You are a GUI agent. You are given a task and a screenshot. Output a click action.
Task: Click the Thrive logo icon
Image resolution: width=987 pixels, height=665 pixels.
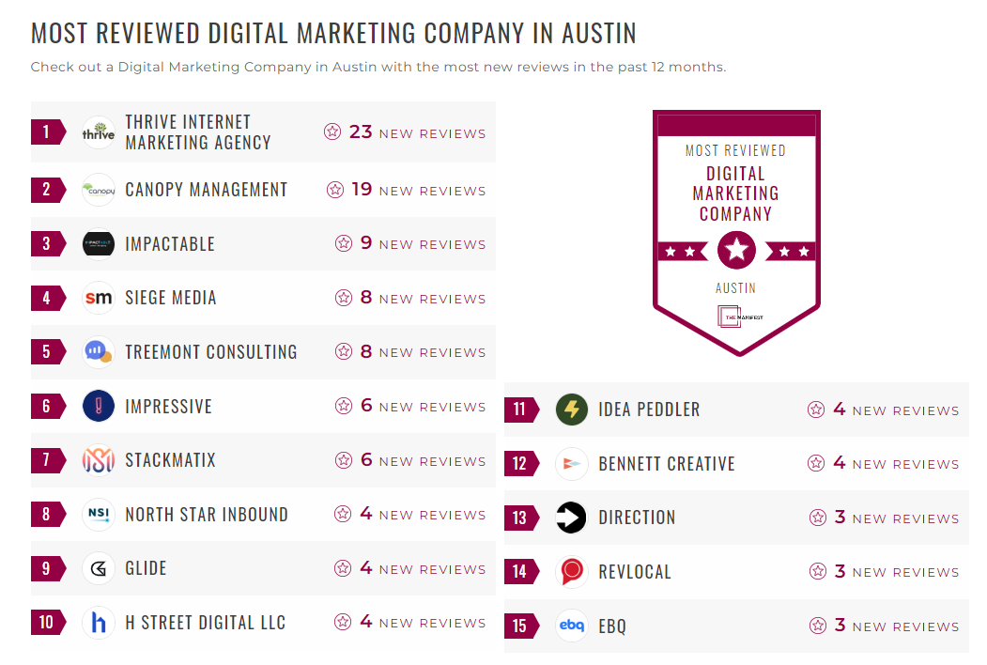point(99,132)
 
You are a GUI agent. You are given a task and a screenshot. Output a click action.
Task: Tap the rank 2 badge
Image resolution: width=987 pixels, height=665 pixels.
point(47,190)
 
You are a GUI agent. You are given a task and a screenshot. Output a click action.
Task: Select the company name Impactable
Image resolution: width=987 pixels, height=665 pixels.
point(170,244)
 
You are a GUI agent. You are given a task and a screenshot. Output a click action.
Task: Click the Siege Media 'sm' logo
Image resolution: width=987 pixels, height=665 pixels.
point(99,298)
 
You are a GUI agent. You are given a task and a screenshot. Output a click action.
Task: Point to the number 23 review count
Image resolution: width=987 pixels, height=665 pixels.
point(361,131)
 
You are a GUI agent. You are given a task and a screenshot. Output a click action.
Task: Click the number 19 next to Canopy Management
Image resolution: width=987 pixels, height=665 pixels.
point(362,190)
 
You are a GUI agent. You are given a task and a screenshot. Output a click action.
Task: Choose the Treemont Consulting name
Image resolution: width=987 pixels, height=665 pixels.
point(211,352)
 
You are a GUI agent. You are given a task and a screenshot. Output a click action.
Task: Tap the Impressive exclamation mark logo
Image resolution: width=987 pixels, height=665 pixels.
point(99,407)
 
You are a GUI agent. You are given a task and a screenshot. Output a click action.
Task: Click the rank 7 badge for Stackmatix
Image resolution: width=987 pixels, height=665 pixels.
point(47,460)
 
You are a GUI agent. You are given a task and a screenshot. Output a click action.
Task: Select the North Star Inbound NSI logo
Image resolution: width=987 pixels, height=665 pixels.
point(99,515)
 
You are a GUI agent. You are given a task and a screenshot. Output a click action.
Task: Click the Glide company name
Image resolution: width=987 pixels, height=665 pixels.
point(146,568)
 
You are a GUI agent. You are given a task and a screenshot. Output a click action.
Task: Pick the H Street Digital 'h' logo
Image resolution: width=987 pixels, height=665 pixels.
point(99,623)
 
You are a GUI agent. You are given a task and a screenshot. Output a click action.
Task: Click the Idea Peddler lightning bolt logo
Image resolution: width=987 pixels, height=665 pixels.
point(572,410)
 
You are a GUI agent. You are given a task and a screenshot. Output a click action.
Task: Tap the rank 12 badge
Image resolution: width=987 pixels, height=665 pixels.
point(520,463)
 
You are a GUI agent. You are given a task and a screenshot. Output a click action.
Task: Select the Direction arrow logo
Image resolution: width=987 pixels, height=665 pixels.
point(572,518)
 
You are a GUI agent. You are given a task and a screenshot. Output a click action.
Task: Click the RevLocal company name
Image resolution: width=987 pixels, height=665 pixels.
point(635,571)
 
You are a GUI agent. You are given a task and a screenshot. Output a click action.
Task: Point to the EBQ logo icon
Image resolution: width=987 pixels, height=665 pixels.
point(572,626)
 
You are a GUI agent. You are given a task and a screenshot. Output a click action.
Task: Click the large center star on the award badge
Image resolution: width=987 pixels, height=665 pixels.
point(736,250)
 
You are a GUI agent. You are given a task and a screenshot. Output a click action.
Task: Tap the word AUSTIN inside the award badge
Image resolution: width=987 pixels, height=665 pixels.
point(736,288)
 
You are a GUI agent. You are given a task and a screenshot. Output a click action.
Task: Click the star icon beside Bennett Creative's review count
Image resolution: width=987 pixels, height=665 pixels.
point(816,463)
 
